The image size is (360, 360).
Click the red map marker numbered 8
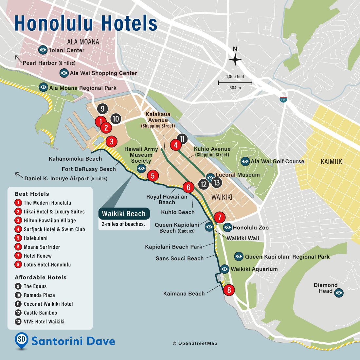point(229,290)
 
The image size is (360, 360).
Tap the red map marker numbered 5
point(153,176)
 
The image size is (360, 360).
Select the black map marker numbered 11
point(182,139)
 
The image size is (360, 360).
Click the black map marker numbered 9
point(102,109)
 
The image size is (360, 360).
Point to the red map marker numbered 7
point(220,217)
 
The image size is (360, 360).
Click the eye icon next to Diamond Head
point(339,293)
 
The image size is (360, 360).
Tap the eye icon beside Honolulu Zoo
point(228,227)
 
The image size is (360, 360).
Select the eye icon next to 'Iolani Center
point(43,50)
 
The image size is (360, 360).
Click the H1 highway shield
point(283,99)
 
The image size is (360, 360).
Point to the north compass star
point(235,60)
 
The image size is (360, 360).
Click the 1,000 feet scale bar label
point(235,77)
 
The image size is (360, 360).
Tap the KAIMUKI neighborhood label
point(332,162)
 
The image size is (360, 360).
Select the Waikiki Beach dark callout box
point(124,214)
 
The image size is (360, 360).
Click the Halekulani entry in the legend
point(35,238)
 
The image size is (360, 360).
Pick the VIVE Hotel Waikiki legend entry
point(44,322)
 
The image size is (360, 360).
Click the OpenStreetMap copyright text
point(195,343)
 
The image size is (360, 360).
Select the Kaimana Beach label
point(184,294)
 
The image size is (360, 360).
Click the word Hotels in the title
point(129,24)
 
